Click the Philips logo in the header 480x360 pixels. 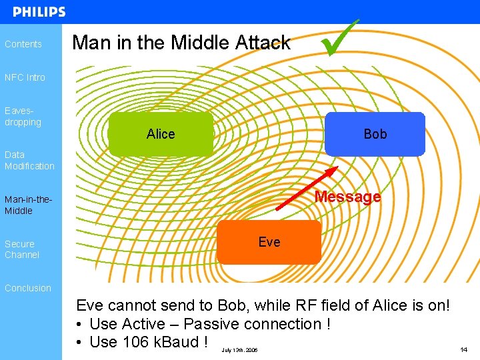39,12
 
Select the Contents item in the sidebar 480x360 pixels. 23,44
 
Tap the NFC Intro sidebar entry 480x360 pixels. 25,77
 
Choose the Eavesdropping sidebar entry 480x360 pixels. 23,117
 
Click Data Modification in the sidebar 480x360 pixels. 29,160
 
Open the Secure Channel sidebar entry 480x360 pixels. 22,249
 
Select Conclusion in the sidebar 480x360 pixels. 28,288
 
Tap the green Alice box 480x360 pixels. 161,134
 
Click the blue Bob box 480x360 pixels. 375,134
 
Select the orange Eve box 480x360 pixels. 269,242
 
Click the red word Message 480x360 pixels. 347,197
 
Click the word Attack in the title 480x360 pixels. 263,43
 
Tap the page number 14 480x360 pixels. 463,349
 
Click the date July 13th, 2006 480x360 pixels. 239,350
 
